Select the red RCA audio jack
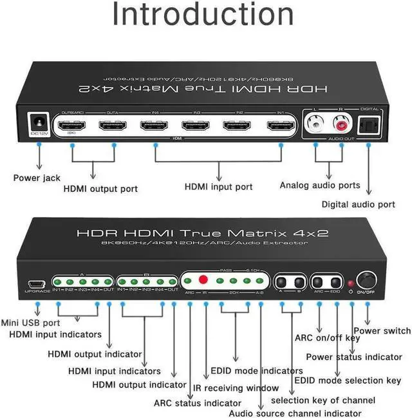(x=339, y=122)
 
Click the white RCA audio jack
(x=315, y=122)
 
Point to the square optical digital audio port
(x=368, y=124)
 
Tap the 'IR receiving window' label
(x=236, y=388)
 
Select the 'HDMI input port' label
(x=218, y=187)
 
